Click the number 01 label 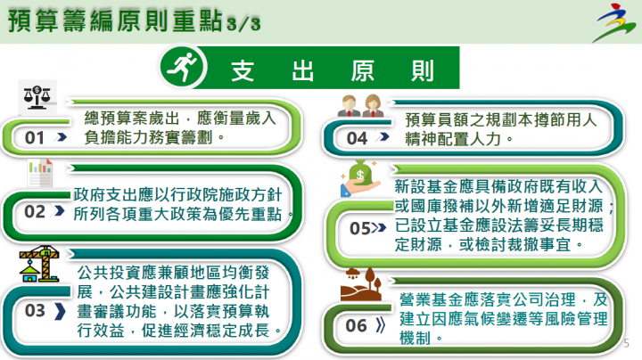(35, 138)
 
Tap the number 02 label (35, 211)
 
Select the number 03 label (36, 310)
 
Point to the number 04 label (357, 138)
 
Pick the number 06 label (357, 325)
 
